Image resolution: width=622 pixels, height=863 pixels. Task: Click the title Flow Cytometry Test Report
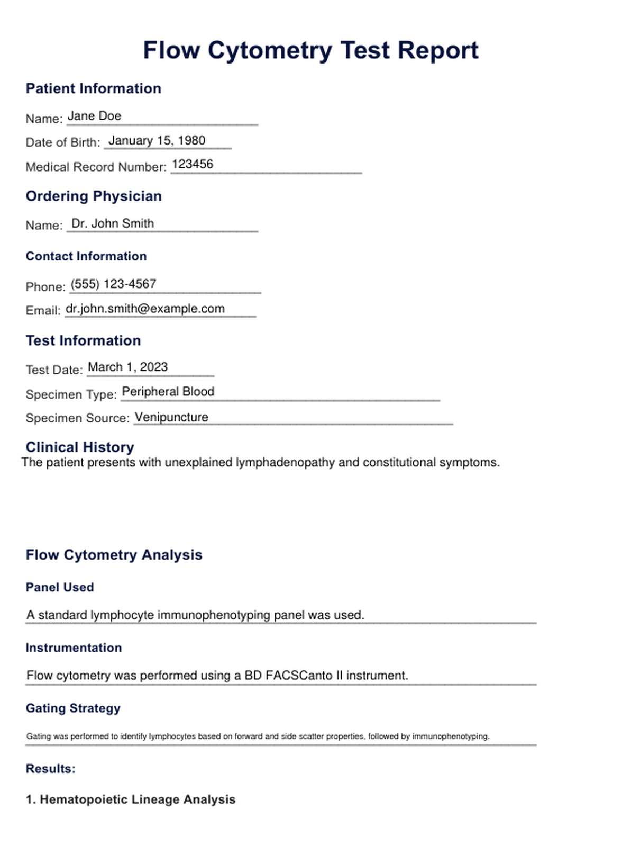(x=310, y=51)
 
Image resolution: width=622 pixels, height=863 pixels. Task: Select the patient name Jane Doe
(x=94, y=116)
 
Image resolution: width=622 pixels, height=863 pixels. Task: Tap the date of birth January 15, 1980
(x=157, y=141)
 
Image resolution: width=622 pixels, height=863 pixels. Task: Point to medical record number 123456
(x=193, y=165)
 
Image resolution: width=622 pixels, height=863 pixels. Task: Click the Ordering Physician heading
(x=94, y=196)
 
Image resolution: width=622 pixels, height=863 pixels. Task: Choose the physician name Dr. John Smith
(x=113, y=224)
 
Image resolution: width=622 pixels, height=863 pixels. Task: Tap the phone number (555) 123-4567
(x=113, y=284)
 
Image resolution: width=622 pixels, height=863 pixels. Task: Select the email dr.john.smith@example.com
(x=145, y=309)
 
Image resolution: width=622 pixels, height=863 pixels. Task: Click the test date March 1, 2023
(x=127, y=367)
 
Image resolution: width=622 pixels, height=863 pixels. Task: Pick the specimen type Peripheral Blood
(x=168, y=392)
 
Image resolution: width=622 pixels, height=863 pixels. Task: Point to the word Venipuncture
(x=171, y=417)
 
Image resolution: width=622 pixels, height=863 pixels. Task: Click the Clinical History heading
(x=80, y=447)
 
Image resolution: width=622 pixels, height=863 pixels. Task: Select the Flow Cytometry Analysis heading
(x=114, y=555)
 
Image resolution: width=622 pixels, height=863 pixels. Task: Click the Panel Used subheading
(x=60, y=588)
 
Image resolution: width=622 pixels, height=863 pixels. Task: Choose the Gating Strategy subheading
(x=73, y=708)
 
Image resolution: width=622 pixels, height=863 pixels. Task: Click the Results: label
(x=51, y=769)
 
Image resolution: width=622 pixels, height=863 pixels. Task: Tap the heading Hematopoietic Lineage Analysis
(x=138, y=799)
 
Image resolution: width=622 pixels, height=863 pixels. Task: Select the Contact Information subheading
(x=86, y=256)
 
